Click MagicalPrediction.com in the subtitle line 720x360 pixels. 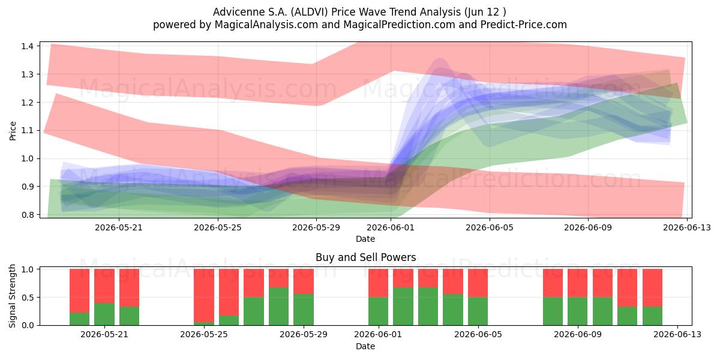[399, 25]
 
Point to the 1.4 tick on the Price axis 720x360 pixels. [27, 46]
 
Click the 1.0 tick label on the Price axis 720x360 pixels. [27, 158]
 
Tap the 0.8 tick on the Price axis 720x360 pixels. [27, 215]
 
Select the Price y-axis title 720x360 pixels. [13, 131]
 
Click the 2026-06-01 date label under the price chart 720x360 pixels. [391, 227]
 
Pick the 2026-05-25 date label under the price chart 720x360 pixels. [218, 227]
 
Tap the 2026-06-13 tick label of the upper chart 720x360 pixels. [687, 227]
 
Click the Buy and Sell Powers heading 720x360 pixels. [366, 257]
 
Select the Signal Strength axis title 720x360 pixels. [13, 296]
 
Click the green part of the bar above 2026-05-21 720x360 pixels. [104, 314]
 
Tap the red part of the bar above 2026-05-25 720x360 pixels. [204, 295]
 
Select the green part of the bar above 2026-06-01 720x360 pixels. [379, 311]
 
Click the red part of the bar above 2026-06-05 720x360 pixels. [478, 283]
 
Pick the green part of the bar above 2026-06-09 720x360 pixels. [577, 311]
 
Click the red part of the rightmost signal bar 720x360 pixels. [653, 287]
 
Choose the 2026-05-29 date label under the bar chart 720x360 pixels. [304, 334]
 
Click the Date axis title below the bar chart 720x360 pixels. [365, 346]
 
